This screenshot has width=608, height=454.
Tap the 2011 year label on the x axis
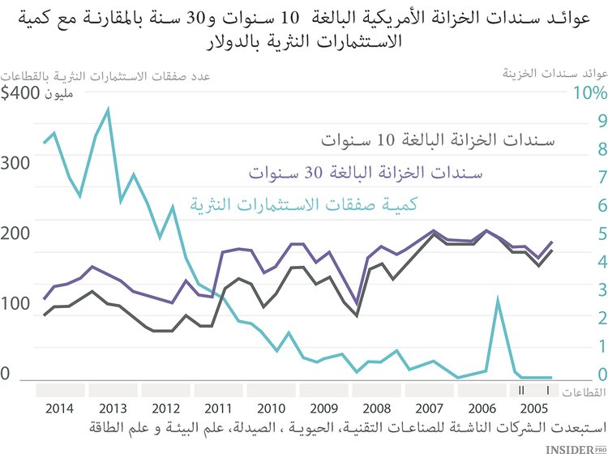[x=220, y=408]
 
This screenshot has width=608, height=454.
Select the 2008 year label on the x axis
[x=377, y=408]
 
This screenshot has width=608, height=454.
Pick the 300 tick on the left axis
[x=16, y=162]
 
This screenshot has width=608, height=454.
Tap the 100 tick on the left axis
[x=16, y=304]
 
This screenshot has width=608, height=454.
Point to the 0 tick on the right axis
[x=579, y=375]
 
